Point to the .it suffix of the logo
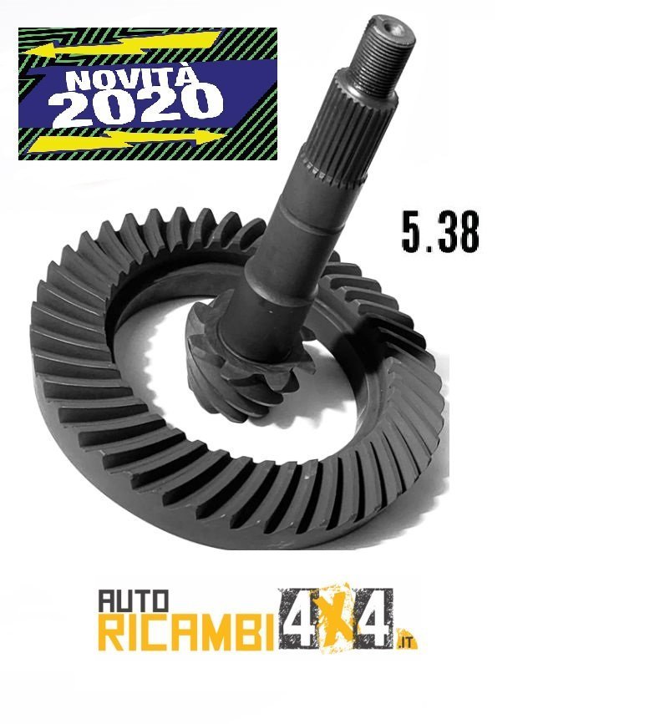pos(407,641)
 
